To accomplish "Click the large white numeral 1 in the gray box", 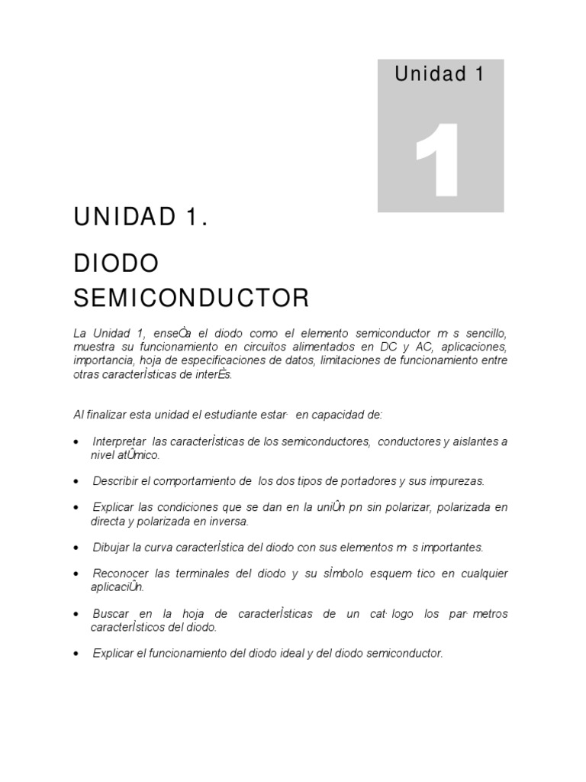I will click(437, 160).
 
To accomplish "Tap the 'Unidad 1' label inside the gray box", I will click(440, 74).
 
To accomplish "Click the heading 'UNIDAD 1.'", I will click(140, 218).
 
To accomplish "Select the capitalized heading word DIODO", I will click(116, 263).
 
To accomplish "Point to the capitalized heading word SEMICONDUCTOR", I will click(192, 298).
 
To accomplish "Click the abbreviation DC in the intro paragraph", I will click(386, 347).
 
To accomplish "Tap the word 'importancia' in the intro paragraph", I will click(102, 360).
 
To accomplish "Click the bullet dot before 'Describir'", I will click(77, 483).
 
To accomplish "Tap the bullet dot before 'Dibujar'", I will click(77, 548).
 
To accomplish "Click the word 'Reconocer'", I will click(119, 574).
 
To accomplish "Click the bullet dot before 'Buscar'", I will click(77, 615).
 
